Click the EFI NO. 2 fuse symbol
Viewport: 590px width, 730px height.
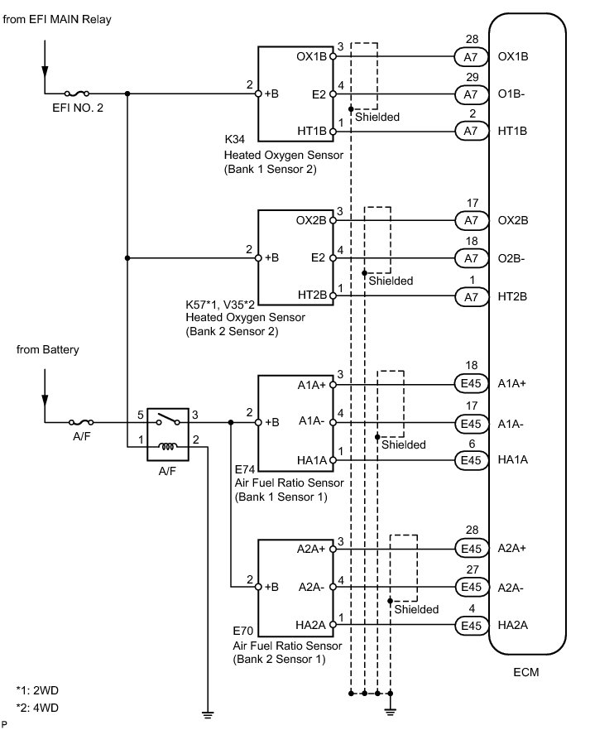coord(77,94)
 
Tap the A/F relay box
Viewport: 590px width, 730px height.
coord(168,435)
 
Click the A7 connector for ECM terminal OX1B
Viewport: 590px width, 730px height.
coord(471,57)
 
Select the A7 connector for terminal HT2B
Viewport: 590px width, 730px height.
coord(472,296)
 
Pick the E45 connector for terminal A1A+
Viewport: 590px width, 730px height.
coord(471,384)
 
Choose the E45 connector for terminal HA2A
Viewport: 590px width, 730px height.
coord(471,626)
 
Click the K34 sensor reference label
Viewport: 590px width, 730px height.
coord(234,139)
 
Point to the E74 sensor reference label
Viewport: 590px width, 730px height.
coord(245,469)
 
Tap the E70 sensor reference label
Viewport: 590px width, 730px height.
coord(243,632)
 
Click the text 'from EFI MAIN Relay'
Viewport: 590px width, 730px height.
coord(57,20)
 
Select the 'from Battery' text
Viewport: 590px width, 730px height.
coord(47,349)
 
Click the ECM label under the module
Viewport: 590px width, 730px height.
coord(525,672)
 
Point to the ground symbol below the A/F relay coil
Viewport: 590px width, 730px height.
coord(208,713)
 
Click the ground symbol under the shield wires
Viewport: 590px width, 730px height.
coord(391,711)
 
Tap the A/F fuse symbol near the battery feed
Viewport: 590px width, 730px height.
coord(81,422)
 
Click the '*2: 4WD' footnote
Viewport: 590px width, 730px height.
coord(37,708)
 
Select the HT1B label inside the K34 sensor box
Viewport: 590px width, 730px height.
coord(312,132)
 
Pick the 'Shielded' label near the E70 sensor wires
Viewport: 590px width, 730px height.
coord(416,609)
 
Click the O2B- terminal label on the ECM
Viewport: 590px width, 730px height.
coord(511,258)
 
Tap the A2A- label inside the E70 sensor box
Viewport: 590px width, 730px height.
coord(311,587)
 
